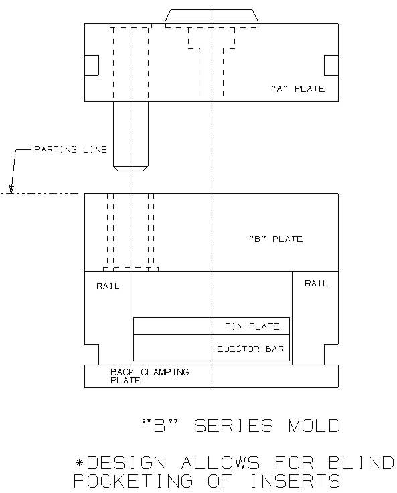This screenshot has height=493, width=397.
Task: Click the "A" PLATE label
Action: (298, 89)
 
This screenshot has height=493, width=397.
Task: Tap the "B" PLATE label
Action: (276, 239)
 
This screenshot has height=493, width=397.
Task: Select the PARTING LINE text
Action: (70, 150)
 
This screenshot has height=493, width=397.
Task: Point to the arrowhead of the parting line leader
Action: (11, 189)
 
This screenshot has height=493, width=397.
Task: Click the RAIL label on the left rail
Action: (108, 286)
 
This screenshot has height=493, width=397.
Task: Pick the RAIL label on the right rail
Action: (316, 284)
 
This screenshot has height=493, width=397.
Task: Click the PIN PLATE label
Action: (252, 326)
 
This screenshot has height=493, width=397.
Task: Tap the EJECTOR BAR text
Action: (250, 349)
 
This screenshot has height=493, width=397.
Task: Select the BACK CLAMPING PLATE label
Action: (150, 376)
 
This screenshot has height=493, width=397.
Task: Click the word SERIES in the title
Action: (234, 426)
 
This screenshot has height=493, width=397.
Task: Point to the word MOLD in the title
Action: (314, 426)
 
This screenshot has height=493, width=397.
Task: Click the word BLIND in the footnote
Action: (361, 463)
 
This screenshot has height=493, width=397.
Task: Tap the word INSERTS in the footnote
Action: (295, 481)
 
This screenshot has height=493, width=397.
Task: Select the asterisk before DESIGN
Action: (79, 462)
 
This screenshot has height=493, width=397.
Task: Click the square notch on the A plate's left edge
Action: (92, 65)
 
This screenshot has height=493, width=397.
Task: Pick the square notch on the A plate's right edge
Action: (331, 65)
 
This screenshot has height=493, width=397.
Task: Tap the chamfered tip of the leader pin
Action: (131, 168)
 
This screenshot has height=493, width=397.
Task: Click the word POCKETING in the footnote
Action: (133, 481)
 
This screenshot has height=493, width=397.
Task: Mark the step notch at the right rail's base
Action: (331, 355)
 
